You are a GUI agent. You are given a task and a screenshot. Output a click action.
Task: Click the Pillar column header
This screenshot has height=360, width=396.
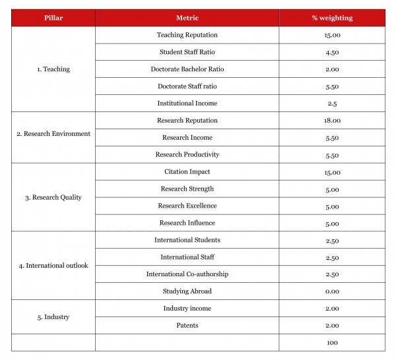(x=53, y=18)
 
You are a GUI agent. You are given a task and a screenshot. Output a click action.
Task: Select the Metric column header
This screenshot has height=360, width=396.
(x=187, y=18)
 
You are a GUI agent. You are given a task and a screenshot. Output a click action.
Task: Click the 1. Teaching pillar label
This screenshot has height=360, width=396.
(x=53, y=69)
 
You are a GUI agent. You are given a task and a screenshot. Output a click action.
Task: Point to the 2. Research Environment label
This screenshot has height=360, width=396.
(x=53, y=134)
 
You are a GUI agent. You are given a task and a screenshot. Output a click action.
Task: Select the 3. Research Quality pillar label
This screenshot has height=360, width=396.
(x=53, y=197)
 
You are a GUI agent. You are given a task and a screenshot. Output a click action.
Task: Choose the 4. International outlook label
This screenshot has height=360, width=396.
(x=53, y=266)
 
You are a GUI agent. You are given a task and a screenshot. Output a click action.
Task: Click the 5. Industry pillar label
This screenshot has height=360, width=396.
(x=53, y=317)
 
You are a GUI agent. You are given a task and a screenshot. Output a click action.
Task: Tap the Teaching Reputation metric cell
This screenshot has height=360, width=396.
(x=187, y=35)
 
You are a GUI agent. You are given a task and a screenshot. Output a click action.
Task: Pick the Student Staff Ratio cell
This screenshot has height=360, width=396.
(x=187, y=52)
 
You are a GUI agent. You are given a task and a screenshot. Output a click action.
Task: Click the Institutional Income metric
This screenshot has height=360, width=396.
(x=187, y=104)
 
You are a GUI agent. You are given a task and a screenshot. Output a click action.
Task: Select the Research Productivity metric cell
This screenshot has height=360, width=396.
(x=187, y=155)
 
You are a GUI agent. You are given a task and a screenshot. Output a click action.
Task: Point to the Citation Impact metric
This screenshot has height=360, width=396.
(x=187, y=172)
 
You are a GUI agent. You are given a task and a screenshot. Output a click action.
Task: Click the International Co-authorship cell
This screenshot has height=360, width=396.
(x=187, y=274)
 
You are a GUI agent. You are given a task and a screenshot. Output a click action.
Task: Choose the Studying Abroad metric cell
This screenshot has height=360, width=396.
(x=187, y=291)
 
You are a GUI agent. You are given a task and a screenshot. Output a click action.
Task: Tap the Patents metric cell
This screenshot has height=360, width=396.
(x=187, y=326)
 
